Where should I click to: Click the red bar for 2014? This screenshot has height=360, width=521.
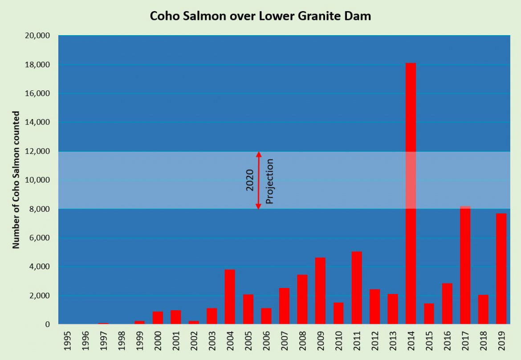(410, 194)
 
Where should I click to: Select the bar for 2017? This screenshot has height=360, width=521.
(465, 265)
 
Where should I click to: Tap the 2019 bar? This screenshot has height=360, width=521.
(501, 269)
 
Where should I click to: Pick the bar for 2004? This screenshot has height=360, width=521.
(230, 297)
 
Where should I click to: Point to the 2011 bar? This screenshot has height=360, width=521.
(356, 288)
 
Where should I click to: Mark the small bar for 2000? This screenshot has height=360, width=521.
(158, 318)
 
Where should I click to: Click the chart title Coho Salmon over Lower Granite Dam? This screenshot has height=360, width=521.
(260, 16)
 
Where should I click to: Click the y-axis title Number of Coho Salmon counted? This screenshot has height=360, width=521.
(16, 180)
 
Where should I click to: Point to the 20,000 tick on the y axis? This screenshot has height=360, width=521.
(37, 36)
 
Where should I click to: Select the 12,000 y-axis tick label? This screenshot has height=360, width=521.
(37, 151)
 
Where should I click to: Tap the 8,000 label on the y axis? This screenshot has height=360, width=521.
(39, 209)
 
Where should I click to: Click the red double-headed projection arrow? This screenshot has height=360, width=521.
(258, 180)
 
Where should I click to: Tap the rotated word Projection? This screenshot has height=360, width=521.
(269, 181)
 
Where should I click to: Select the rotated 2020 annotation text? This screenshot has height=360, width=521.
(250, 180)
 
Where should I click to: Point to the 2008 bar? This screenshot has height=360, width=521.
(302, 299)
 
